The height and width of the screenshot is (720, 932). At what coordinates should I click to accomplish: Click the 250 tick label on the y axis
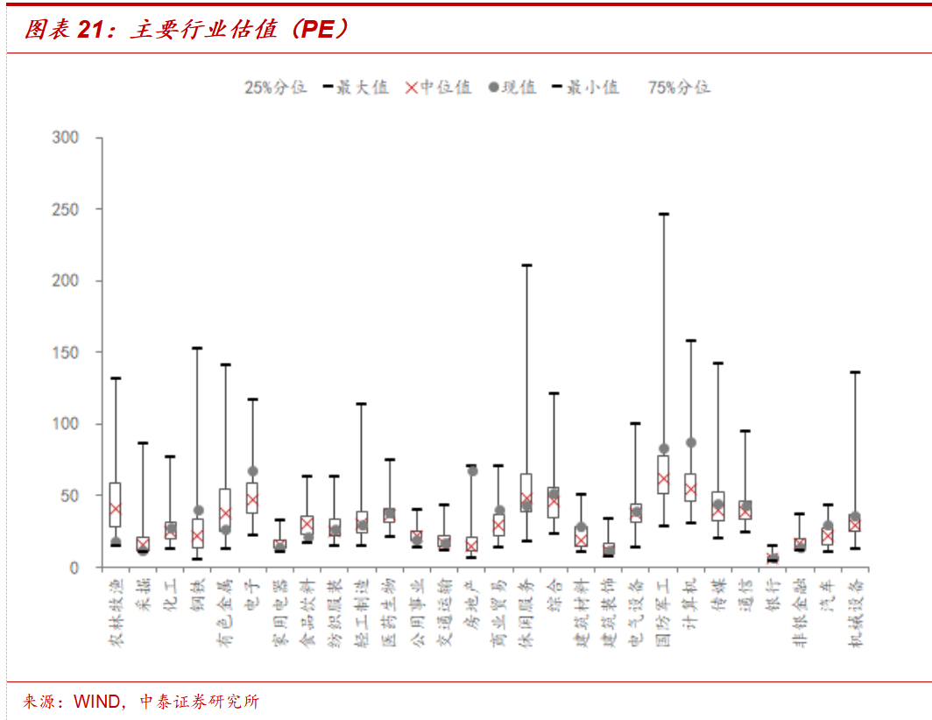click(x=67, y=209)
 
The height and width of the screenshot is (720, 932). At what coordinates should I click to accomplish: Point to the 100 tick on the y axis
click(x=67, y=424)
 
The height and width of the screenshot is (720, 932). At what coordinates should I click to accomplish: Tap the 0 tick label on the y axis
click(x=74, y=568)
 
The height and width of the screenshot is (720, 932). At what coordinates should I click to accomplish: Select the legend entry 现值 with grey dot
click(x=512, y=88)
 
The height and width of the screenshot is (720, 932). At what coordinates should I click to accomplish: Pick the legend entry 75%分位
click(x=679, y=88)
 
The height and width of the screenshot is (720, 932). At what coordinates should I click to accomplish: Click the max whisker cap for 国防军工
click(x=663, y=214)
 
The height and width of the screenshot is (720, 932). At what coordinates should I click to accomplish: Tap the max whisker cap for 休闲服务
click(x=526, y=265)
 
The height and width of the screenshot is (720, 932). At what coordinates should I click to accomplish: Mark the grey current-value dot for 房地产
click(x=472, y=471)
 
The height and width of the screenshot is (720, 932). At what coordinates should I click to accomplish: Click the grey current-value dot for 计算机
click(x=691, y=442)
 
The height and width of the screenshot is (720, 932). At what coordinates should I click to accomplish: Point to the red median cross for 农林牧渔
click(x=115, y=509)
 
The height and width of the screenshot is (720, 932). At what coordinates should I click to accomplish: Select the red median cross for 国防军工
click(x=663, y=479)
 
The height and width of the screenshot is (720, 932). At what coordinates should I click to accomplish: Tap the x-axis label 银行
click(x=773, y=595)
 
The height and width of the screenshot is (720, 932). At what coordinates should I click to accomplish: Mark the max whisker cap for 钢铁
click(x=197, y=348)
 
